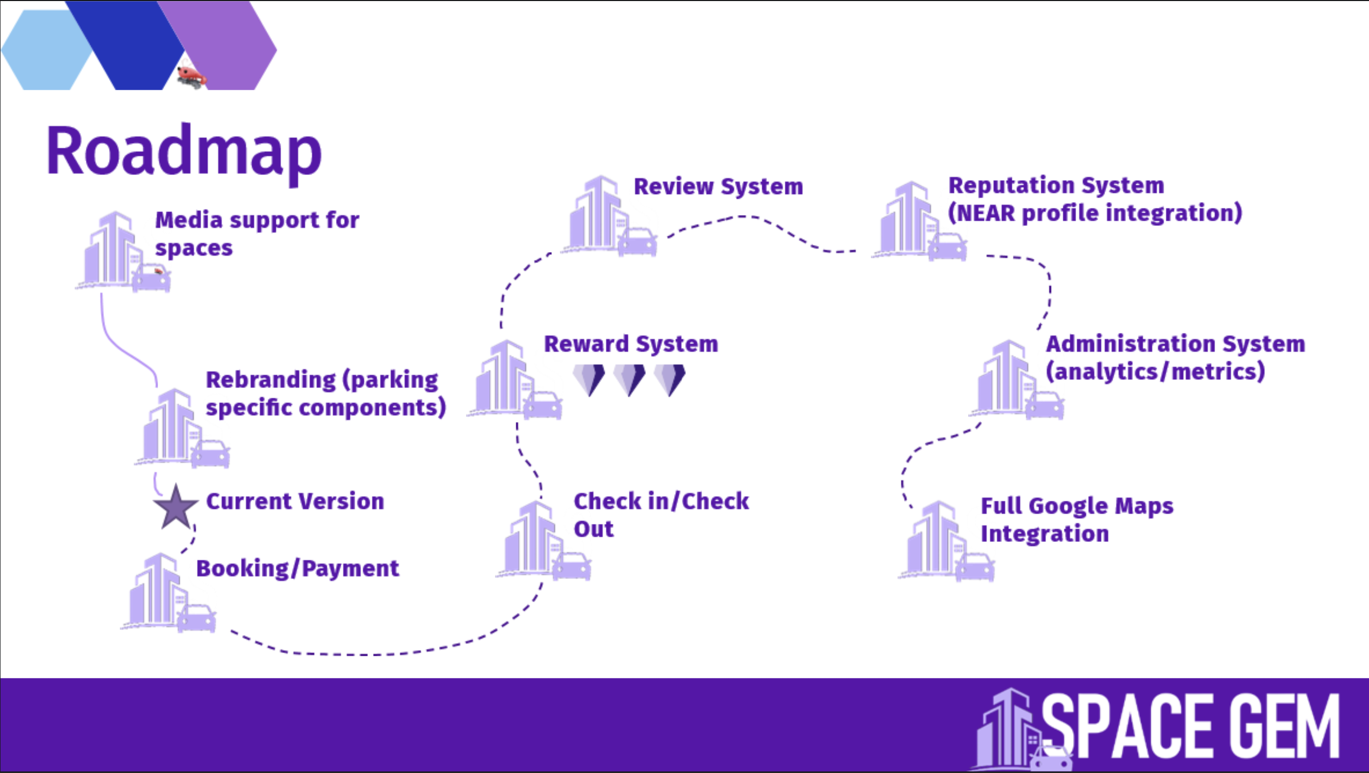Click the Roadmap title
184,151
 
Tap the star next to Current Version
175,507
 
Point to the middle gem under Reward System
629,379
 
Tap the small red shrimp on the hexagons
191,76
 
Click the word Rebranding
271,380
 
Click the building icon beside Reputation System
917,221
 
